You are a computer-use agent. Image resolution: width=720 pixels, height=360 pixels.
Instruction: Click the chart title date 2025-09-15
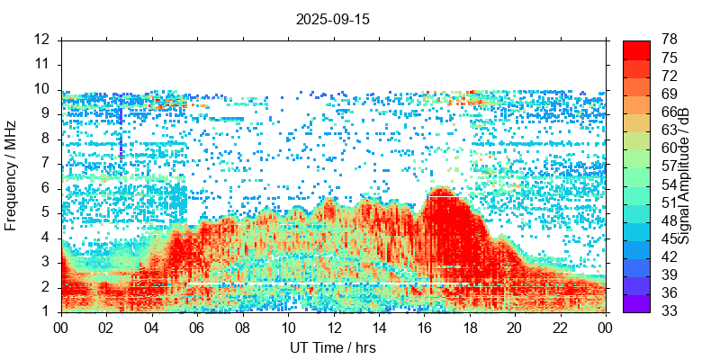[x=333, y=18]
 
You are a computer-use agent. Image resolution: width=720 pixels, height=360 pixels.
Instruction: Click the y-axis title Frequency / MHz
[x=12, y=175]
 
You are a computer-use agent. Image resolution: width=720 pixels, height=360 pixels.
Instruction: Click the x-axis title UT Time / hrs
[x=332, y=347]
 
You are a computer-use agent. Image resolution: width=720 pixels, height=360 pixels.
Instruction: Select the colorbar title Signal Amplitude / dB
[x=684, y=175]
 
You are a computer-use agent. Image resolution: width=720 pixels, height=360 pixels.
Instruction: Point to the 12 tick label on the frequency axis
[x=41, y=40]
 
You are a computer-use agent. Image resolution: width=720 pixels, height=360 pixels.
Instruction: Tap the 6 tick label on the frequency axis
[x=46, y=188]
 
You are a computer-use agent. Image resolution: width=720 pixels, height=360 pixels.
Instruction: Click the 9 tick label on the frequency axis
[x=46, y=114]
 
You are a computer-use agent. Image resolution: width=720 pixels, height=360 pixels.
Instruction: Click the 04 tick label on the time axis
[x=152, y=328]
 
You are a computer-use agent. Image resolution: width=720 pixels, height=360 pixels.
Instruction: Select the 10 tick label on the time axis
[x=288, y=328]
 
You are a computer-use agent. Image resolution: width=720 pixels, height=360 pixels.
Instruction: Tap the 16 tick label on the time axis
[x=424, y=328]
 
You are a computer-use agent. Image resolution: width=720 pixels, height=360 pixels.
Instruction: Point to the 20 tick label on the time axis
[x=514, y=328]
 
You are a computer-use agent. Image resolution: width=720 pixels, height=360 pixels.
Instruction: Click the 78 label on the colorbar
[x=669, y=40]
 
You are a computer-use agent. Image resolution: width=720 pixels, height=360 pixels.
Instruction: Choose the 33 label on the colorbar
[x=669, y=311]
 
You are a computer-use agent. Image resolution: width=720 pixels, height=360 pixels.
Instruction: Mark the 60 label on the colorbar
[x=669, y=148]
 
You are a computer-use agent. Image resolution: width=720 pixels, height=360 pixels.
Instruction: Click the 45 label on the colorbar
[x=669, y=238]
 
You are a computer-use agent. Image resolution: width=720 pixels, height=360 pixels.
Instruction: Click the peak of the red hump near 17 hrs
[x=440, y=190]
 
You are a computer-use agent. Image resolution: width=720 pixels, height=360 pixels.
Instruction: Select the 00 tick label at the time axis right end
[x=605, y=328]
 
